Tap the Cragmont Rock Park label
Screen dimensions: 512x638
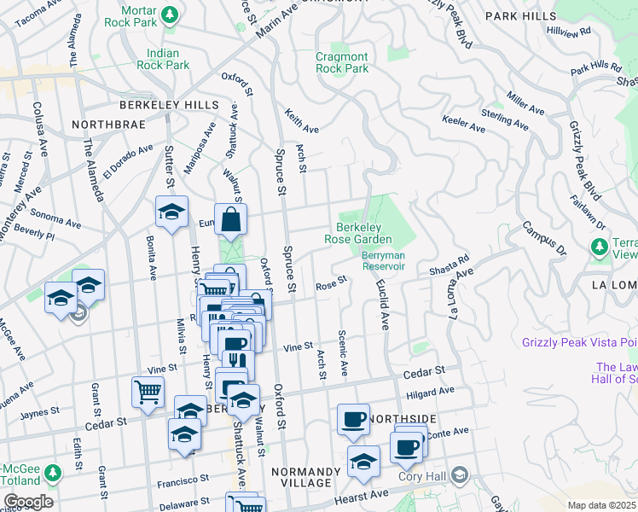342,62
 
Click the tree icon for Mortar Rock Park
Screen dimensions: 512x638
170,15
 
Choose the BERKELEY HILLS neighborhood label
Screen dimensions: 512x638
169,104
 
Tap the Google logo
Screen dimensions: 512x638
27,501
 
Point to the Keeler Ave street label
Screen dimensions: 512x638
463,124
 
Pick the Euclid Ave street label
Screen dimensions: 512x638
383,309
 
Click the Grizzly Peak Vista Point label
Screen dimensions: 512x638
579,343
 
